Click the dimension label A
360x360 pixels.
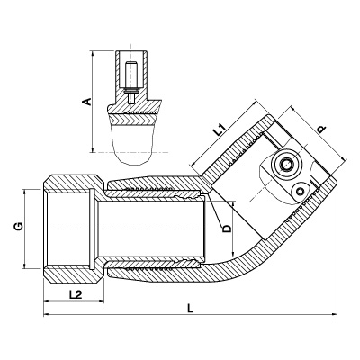click(x=87, y=102)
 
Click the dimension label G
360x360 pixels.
click(x=19, y=227)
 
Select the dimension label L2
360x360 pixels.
click(x=76, y=294)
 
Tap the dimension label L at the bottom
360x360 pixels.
click(x=190, y=308)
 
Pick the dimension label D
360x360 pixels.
click(x=227, y=229)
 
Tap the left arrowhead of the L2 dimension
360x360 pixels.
click(x=47, y=301)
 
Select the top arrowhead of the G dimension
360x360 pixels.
click(x=24, y=193)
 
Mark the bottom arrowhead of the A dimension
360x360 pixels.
click(x=93, y=149)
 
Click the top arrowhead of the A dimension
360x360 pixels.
click(x=93, y=55)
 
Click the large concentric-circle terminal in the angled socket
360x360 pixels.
click(x=285, y=164)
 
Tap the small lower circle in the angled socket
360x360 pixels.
click(x=300, y=191)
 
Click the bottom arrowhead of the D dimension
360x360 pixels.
click(x=233, y=254)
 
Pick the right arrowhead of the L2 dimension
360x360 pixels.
click(x=101, y=301)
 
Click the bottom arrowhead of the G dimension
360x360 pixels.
click(x=24, y=265)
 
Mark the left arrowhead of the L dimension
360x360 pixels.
click(x=47, y=314)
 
